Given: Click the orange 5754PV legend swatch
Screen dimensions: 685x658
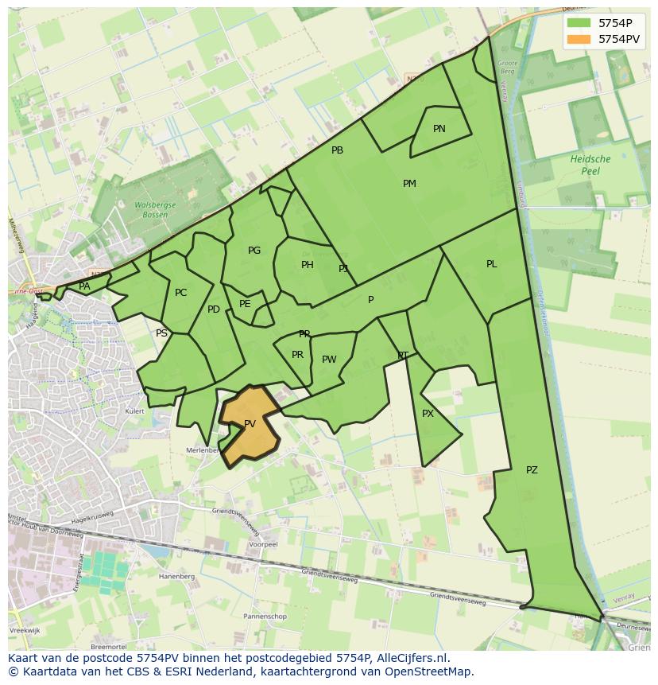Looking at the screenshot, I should pyautogui.click(x=579, y=38).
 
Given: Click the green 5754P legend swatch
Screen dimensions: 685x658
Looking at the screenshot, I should pyautogui.click(x=579, y=22).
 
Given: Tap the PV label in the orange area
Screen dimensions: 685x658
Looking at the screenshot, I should pyautogui.click(x=250, y=424).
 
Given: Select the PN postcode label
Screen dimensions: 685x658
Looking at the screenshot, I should pyautogui.click(x=439, y=129).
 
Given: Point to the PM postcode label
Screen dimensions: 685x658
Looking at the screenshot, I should pyautogui.click(x=409, y=184).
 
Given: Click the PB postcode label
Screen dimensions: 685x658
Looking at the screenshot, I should pyautogui.click(x=337, y=150).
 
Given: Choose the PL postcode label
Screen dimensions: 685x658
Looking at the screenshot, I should pyautogui.click(x=491, y=264).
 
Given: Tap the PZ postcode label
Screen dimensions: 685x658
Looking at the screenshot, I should pyautogui.click(x=532, y=470).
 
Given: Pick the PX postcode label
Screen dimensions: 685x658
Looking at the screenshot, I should pyautogui.click(x=428, y=414).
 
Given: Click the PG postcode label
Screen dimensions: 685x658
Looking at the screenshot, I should pyautogui.click(x=254, y=251).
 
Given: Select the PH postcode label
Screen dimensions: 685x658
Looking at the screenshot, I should pyautogui.click(x=308, y=265).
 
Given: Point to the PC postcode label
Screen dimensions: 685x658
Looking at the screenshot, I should pyautogui.click(x=180, y=293).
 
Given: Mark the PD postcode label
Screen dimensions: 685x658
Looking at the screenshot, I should pyautogui.click(x=213, y=309).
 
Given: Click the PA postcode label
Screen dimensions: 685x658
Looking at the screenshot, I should pyautogui.click(x=84, y=286).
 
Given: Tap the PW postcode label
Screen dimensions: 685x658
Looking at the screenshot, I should pyautogui.click(x=329, y=360).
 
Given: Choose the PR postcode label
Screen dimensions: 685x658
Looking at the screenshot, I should pyautogui.click(x=297, y=355).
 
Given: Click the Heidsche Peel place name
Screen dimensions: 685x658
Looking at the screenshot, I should pyautogui.click(x=590, y=165).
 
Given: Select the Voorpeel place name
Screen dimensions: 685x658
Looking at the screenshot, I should pyautogui.click(x=262, y=545).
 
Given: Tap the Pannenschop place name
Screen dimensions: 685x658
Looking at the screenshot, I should pyautogui.click(x=265, y=617).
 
